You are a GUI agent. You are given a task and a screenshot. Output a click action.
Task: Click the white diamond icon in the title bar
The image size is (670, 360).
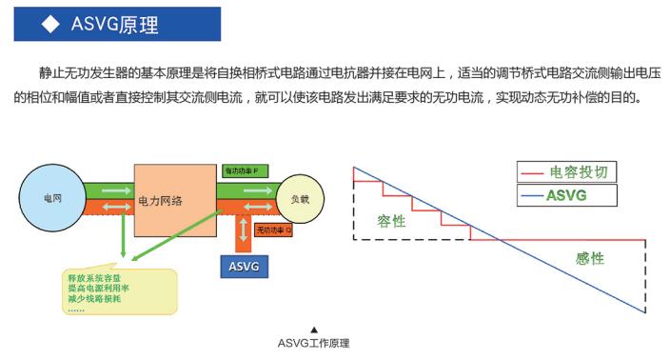49,25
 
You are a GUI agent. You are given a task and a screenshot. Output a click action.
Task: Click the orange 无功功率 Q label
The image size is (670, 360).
273,230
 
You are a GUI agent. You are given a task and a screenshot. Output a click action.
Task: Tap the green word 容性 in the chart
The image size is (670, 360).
390,221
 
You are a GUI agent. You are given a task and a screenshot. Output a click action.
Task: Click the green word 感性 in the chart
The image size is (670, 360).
589,258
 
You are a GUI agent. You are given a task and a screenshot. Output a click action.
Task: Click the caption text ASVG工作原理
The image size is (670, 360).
313,343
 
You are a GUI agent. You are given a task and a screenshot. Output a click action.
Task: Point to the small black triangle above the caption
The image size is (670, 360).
313,329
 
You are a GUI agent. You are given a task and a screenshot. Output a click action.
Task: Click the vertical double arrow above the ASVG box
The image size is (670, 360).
246,230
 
